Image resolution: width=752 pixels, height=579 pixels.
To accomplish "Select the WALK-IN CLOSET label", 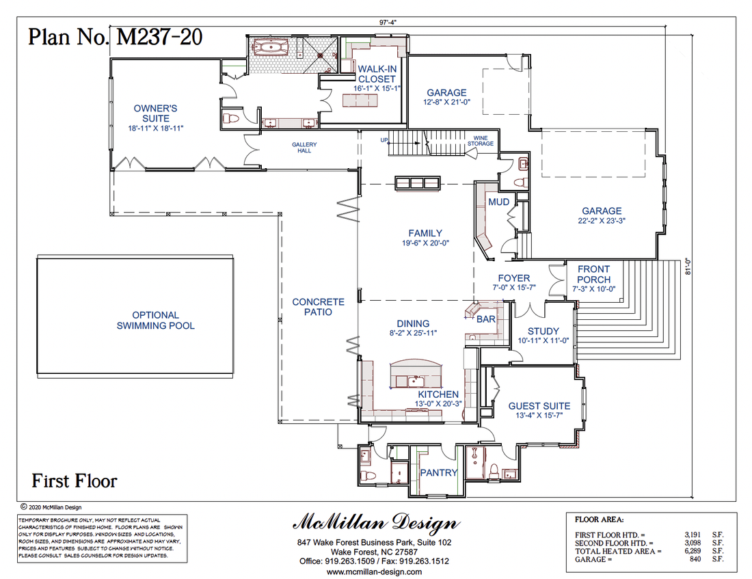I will [x=377, y=74].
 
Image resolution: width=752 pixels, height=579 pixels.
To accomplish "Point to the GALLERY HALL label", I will [x=304, y=148].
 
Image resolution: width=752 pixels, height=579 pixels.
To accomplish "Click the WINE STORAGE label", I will [x=480, y=141].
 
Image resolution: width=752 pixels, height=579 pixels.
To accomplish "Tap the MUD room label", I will [x=498, y=202].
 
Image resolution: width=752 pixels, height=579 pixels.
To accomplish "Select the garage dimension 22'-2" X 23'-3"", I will [x=602, y=221].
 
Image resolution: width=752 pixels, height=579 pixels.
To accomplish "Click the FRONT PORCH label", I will [x=593, y=274].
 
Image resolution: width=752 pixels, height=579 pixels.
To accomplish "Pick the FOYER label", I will [x=513, y=278].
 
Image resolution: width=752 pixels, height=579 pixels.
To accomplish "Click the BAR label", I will [x=486, y=319].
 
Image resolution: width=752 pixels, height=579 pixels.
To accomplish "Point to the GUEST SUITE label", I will [x=539, y=405].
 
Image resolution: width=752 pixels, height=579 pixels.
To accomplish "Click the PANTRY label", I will [x=438, y=472].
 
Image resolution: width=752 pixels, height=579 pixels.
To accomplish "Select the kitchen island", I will [x=415, y=375].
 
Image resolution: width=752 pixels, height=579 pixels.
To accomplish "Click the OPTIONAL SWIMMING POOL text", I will [x=155, y=321].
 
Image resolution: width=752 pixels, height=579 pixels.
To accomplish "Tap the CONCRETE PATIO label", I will [x=318, y=306].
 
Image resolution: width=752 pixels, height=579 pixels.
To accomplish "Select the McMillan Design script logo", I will [x=376, y=524].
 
